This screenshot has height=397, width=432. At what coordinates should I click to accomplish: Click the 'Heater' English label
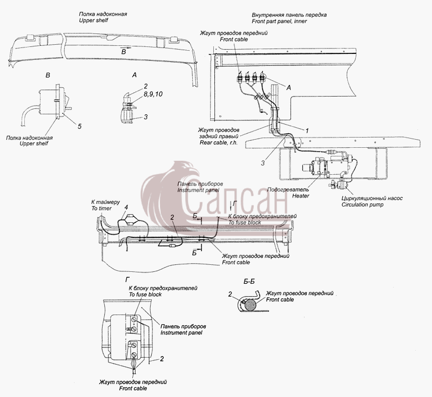pos(301,196)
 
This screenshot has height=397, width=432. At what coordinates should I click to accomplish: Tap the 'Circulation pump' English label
pos(362,204)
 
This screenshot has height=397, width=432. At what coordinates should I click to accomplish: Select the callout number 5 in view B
pos(79,126)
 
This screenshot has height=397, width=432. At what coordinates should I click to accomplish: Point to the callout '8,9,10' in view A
pos(153,94)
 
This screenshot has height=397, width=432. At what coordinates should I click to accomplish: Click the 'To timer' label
pos(102,209)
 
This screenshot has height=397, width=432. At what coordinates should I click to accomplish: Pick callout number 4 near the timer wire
pos(126,207)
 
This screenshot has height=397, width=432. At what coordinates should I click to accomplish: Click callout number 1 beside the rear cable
pos(307,131)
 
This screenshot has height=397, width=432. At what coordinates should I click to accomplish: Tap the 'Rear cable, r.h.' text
pos(219,143)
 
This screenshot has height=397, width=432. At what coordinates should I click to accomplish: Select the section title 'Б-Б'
pos(249,282)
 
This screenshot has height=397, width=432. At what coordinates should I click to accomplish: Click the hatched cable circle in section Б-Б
pos(249,305)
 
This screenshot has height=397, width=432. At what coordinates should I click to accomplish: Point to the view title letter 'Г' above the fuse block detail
pos(127,280)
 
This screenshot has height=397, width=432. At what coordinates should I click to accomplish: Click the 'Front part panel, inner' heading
pos(279,21)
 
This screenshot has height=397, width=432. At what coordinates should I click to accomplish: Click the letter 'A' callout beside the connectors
pos(289,87)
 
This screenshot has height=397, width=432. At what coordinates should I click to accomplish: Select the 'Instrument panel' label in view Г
pos(181,333)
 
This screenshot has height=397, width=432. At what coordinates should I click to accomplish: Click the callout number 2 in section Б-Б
pos(230,295)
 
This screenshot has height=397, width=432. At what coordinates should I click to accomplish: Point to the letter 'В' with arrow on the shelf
pos(124,51)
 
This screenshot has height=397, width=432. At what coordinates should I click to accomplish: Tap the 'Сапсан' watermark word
pos(235,202)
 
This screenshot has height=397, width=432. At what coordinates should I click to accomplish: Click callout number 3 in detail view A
pos(146,117)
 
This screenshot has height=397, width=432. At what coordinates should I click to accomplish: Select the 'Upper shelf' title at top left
pos(93,20)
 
